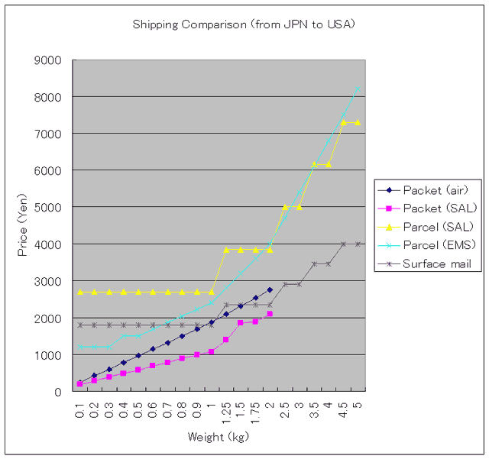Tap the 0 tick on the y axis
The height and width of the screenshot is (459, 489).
click(61, 391)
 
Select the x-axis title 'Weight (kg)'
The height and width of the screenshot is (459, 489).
click(218, 437)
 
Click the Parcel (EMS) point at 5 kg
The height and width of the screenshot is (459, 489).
click(358, 89)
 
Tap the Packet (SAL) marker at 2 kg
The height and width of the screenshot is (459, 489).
click(270, 314)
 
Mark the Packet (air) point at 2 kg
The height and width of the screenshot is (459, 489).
click(270, 290)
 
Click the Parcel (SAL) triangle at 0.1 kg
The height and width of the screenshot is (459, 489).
click(79, 292)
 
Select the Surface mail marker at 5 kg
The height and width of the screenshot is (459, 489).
click(358, 244)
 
